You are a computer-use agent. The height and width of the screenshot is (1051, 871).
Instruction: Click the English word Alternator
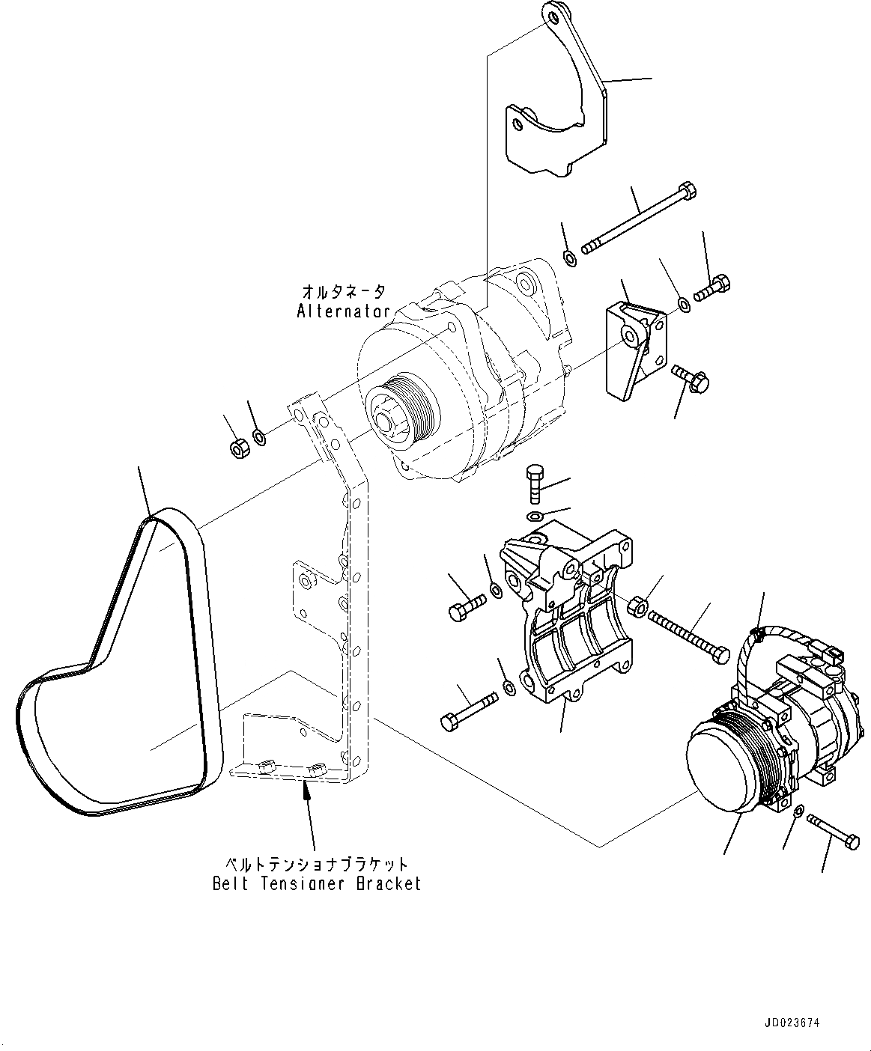(343, 311)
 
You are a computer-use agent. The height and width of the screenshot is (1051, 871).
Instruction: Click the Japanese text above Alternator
(344, 290)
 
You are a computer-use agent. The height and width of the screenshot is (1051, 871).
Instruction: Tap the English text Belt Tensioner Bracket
(317, 884)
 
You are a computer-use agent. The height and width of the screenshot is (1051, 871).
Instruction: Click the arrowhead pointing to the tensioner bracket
(306, 790)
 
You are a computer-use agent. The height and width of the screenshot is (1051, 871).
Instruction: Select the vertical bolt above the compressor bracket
(535, 483)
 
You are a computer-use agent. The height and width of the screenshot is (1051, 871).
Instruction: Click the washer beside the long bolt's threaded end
(568, 259)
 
